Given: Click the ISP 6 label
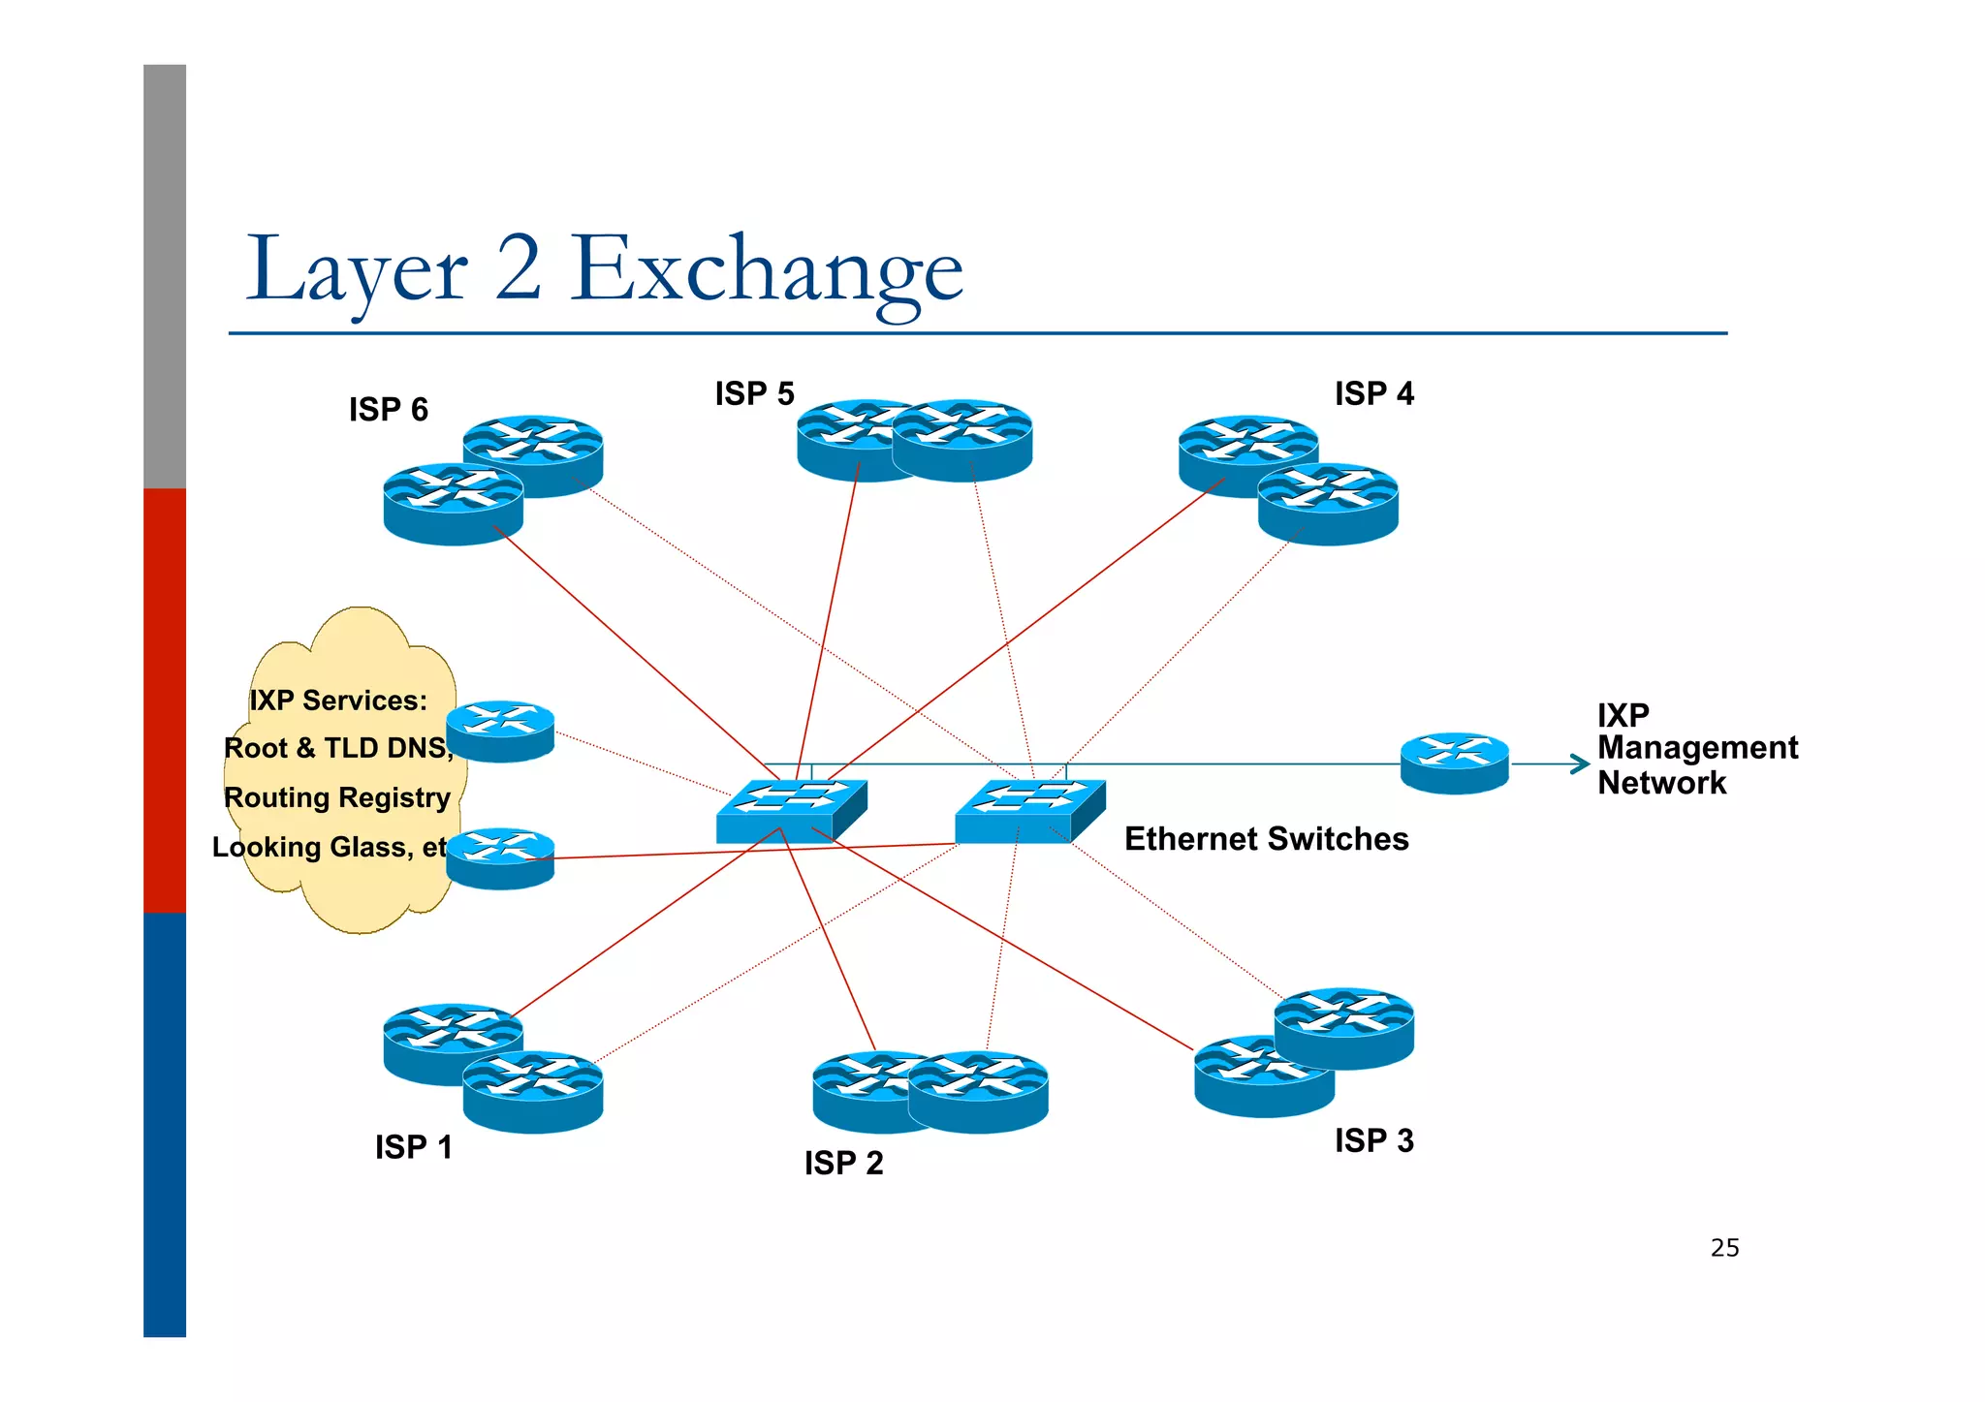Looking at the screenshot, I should [x=388, y=410].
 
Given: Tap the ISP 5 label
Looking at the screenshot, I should [x=754, y=394].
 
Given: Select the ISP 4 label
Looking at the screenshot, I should [x=1373, y=394].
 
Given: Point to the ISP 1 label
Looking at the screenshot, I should [x=414, y=1147].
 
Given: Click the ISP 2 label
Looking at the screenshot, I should [x=843, y=1163].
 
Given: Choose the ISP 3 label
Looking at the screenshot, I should [x=1373, y=1140].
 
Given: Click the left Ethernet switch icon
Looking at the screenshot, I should [x=791, y=810].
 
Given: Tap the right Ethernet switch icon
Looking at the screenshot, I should [x=1029, y=810].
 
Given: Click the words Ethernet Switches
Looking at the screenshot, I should [x=1266, y=839].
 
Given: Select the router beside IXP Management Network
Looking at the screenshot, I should [x=1454, y=763].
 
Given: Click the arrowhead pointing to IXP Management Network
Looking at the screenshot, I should [x=1581, y=764].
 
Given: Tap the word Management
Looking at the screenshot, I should [x=1697, y=748].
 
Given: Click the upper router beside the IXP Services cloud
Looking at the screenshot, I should [x=500, y=731].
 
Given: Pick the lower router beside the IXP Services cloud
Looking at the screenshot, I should [x=500, y=858].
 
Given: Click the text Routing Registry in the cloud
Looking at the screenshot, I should [x=337, y=797].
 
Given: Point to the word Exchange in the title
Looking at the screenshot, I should [x=766, y=269].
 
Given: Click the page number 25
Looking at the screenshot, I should [x=1724, y=1248].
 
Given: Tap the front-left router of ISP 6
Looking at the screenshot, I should [x=453, y=504].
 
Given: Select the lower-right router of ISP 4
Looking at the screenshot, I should [x=1328, y=504].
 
